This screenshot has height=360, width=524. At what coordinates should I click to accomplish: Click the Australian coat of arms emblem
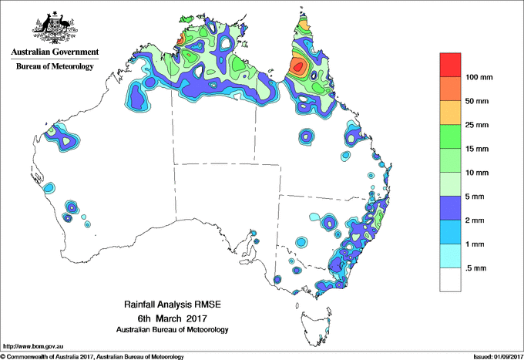[x=54, y=29]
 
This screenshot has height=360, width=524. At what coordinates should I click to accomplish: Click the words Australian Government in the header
[x=54, y=53]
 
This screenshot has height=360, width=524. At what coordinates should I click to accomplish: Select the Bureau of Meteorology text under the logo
[x=54, y=67]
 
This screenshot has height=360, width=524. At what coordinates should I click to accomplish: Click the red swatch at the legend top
[x=451, y=65]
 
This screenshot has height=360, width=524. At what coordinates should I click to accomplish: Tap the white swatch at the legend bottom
[x=451, y=279]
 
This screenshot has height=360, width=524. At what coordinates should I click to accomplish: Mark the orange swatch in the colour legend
[x=451, y=89]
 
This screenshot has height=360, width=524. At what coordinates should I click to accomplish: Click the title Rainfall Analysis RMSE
[x=172, y=305]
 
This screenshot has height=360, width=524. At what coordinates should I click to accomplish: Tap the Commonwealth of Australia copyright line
[x=92, y=356]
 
